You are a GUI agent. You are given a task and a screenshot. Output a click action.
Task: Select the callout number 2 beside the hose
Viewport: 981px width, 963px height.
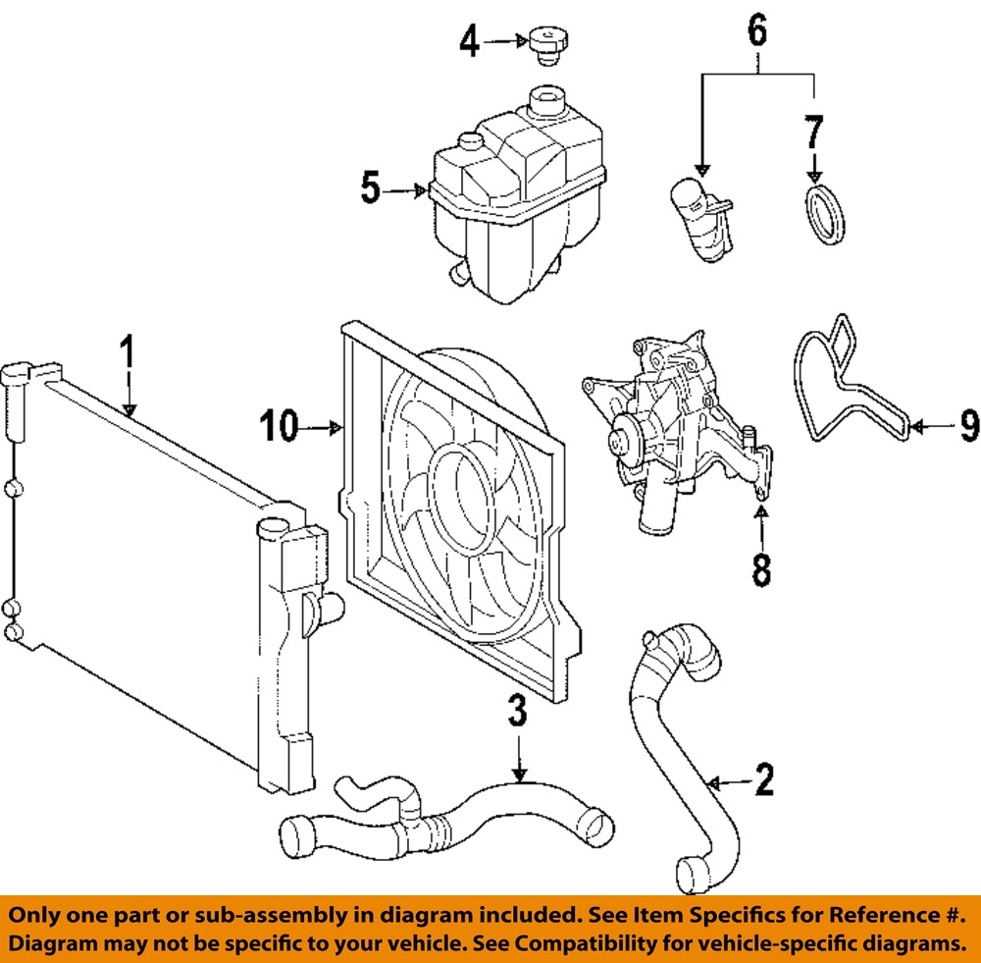pos(763,780)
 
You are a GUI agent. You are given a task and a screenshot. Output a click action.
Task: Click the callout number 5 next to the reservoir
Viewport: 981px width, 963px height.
pos(369,188)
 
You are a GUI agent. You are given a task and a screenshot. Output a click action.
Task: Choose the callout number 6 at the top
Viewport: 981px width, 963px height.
pos(757,31)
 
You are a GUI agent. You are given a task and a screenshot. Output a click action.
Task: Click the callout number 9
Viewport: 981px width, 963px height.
pos(967,426)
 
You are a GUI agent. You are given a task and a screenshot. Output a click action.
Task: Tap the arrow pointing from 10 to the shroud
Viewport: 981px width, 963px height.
pos(325,428)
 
